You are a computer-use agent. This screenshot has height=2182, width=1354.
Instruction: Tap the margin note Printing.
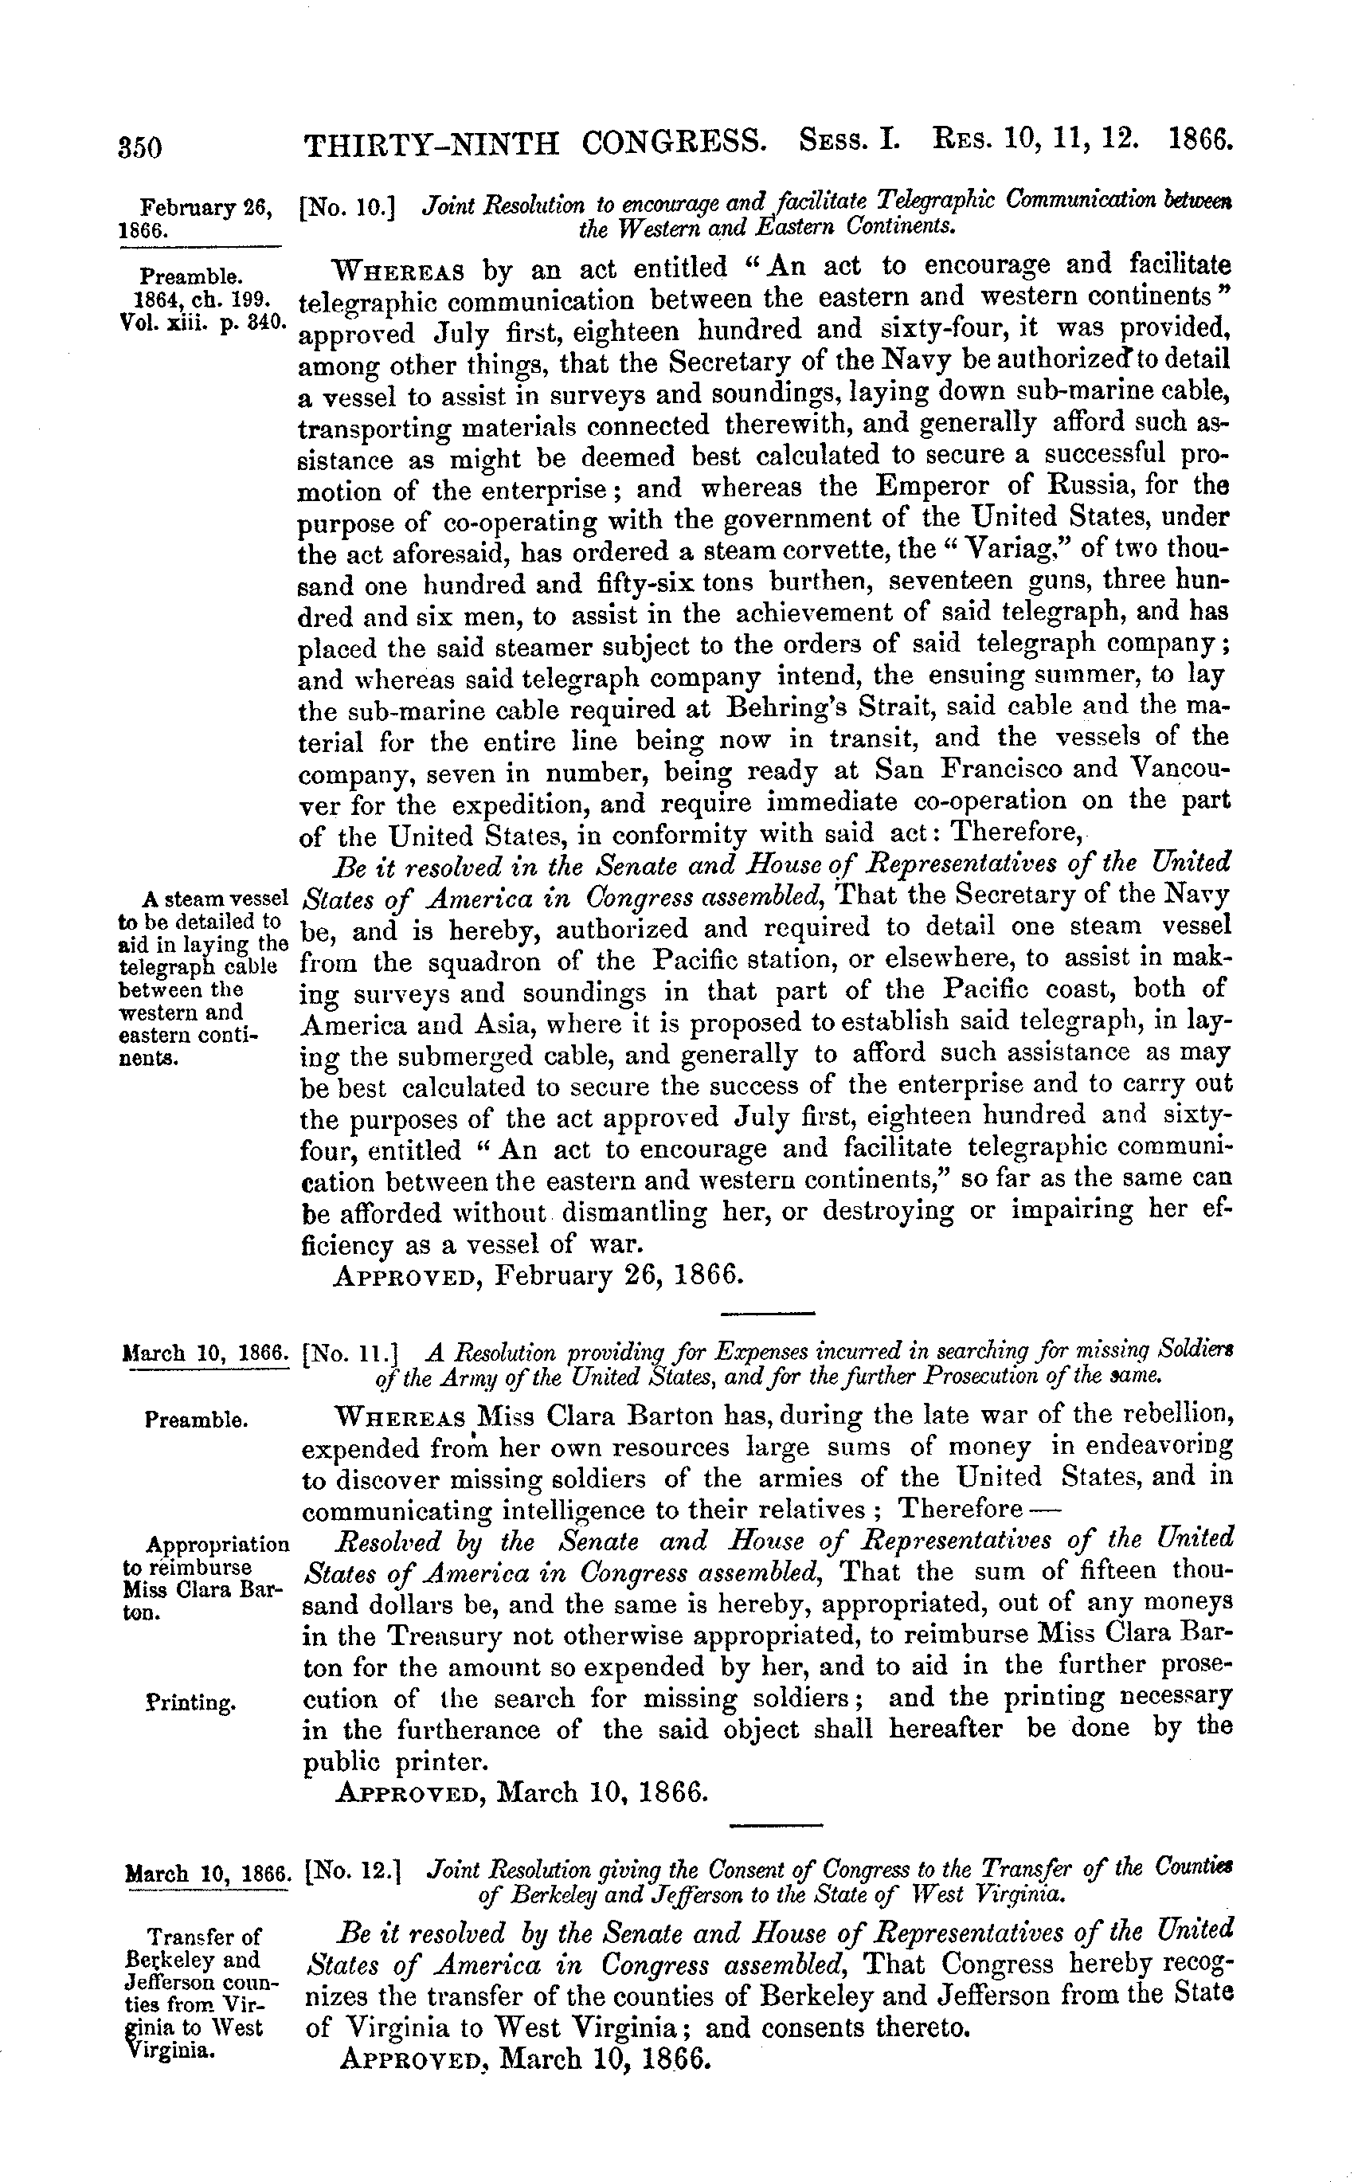click(x=190, y=1702)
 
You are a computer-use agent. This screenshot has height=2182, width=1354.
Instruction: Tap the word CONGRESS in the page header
click(x=671, y=143)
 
